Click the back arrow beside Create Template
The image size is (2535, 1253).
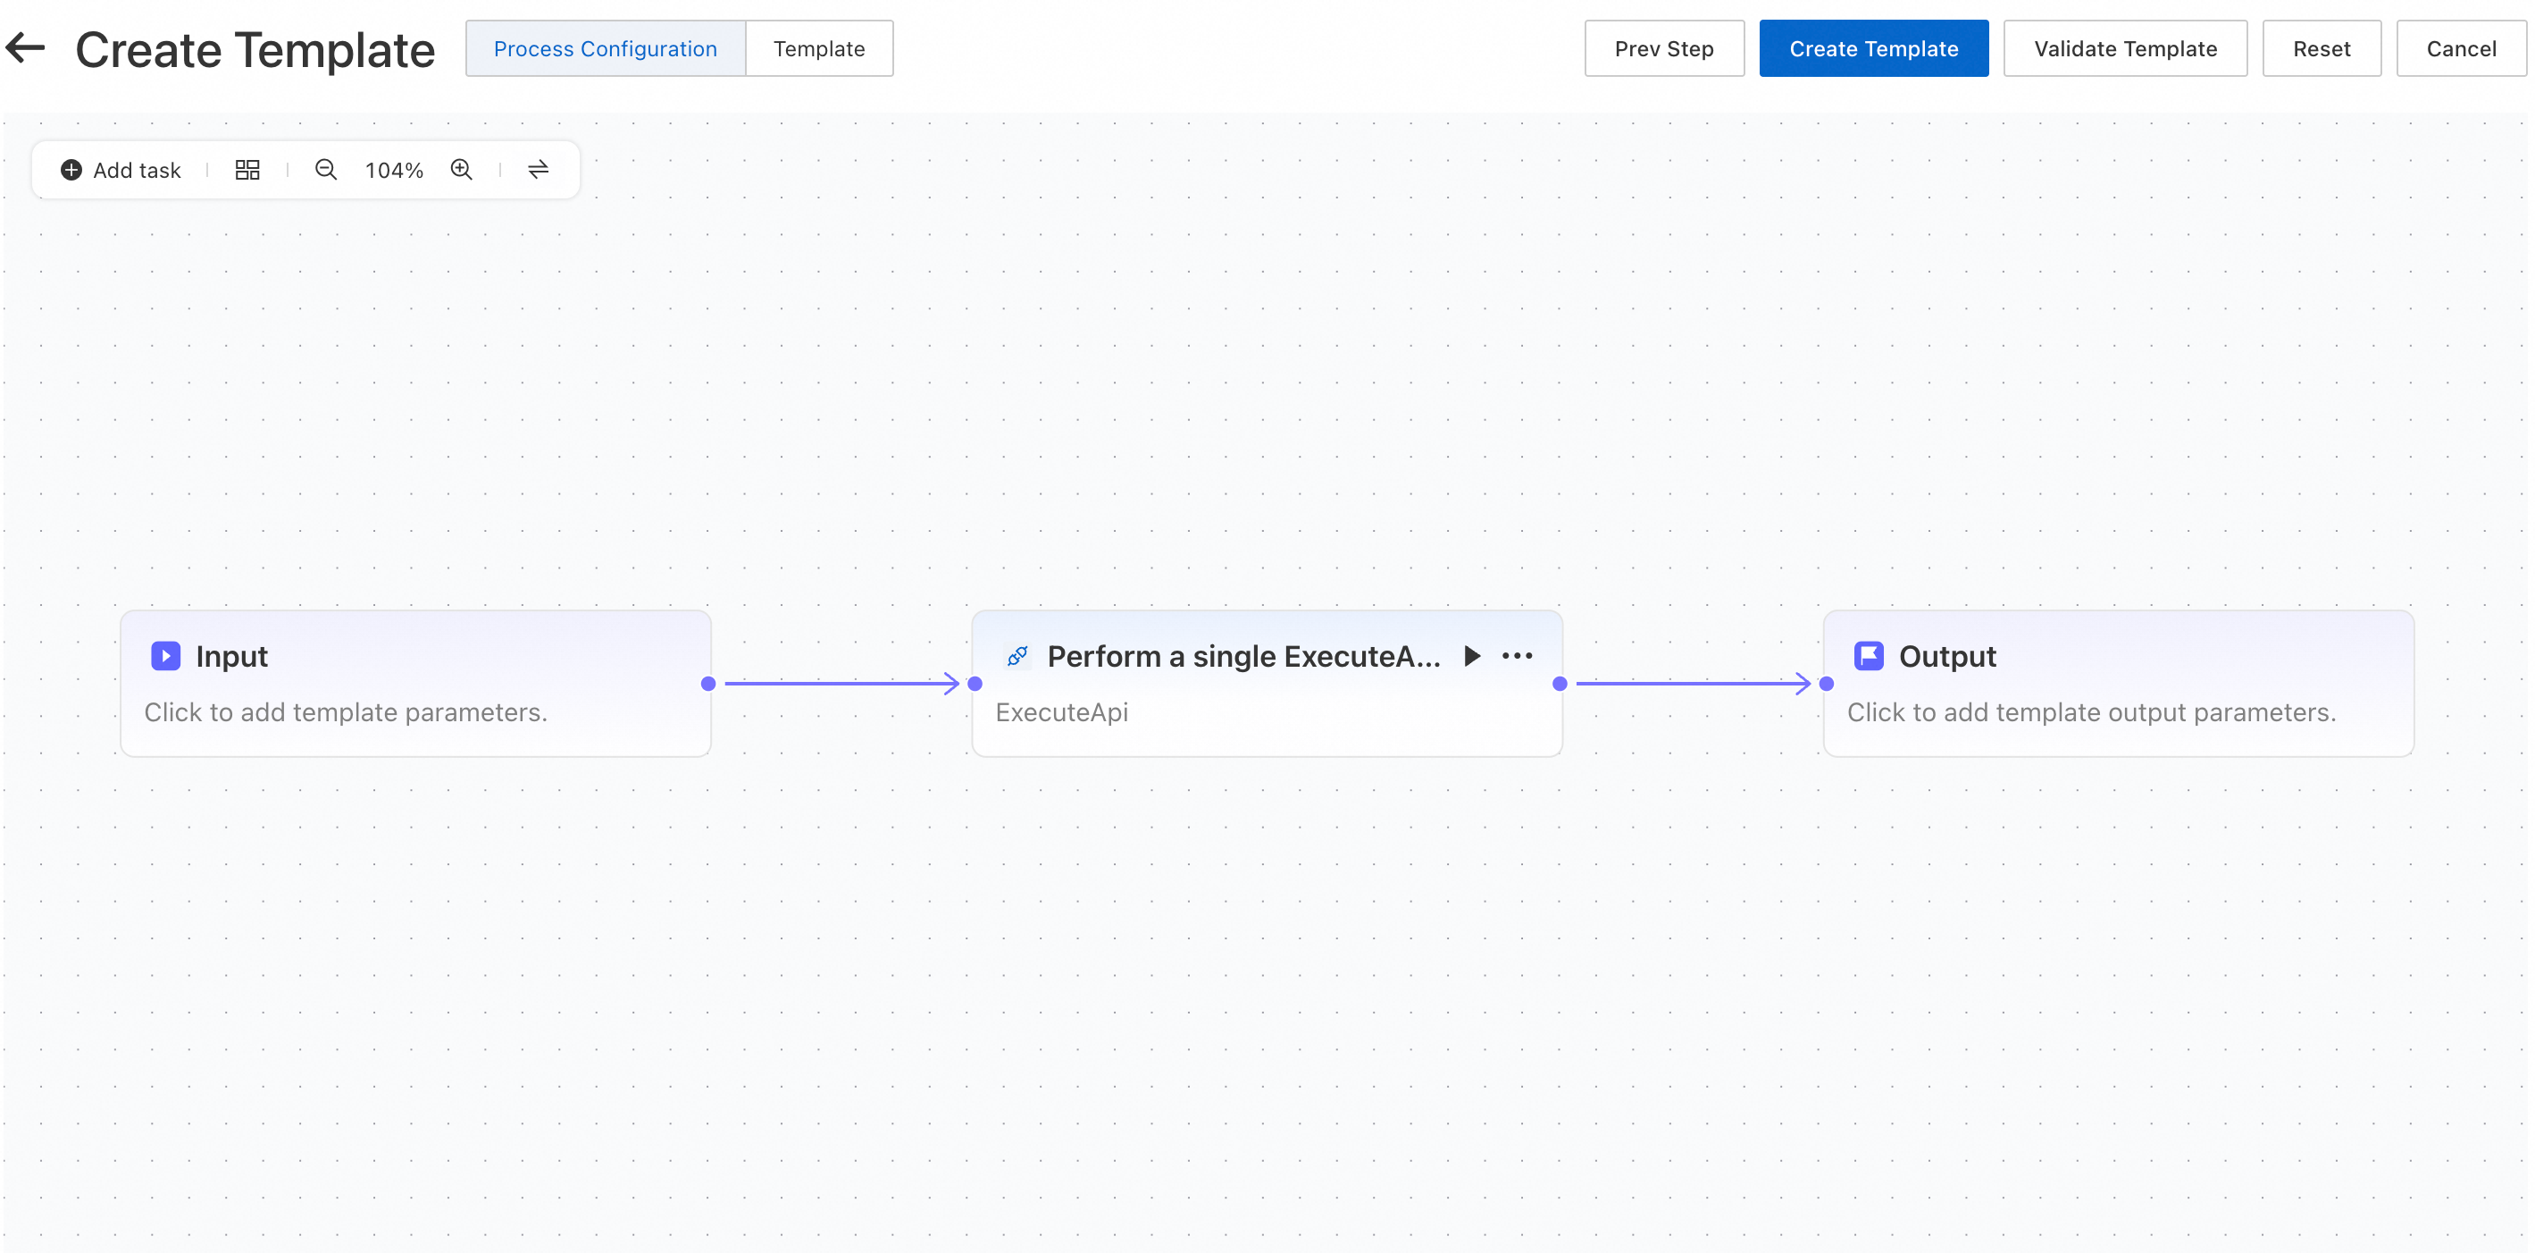click(25, 47)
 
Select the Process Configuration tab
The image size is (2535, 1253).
click(606, 48)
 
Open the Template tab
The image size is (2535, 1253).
click(819, 48)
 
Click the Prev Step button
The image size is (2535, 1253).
click(1664, 48)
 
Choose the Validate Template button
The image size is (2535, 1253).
click(2126, 48)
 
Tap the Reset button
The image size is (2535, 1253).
click(2322, 48)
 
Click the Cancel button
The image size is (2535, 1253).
click(2461, 48)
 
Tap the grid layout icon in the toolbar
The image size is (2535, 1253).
click(247, 171)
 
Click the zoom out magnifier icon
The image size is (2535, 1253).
click(326, 171)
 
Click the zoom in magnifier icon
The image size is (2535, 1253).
click(462, 171)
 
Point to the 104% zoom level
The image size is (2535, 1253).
click(394, 171)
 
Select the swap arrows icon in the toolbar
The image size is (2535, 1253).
click(539, 171)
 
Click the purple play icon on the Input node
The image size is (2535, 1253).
click(165, 655)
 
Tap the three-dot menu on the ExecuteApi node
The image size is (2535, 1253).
click(1518, 655)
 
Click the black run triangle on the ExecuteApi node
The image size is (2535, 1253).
click(1472, 655)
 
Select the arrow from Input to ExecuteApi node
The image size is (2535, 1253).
click(841, 683)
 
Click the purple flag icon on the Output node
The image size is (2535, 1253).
click(1869, 655)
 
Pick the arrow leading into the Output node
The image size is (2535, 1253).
click(1694, 683)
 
